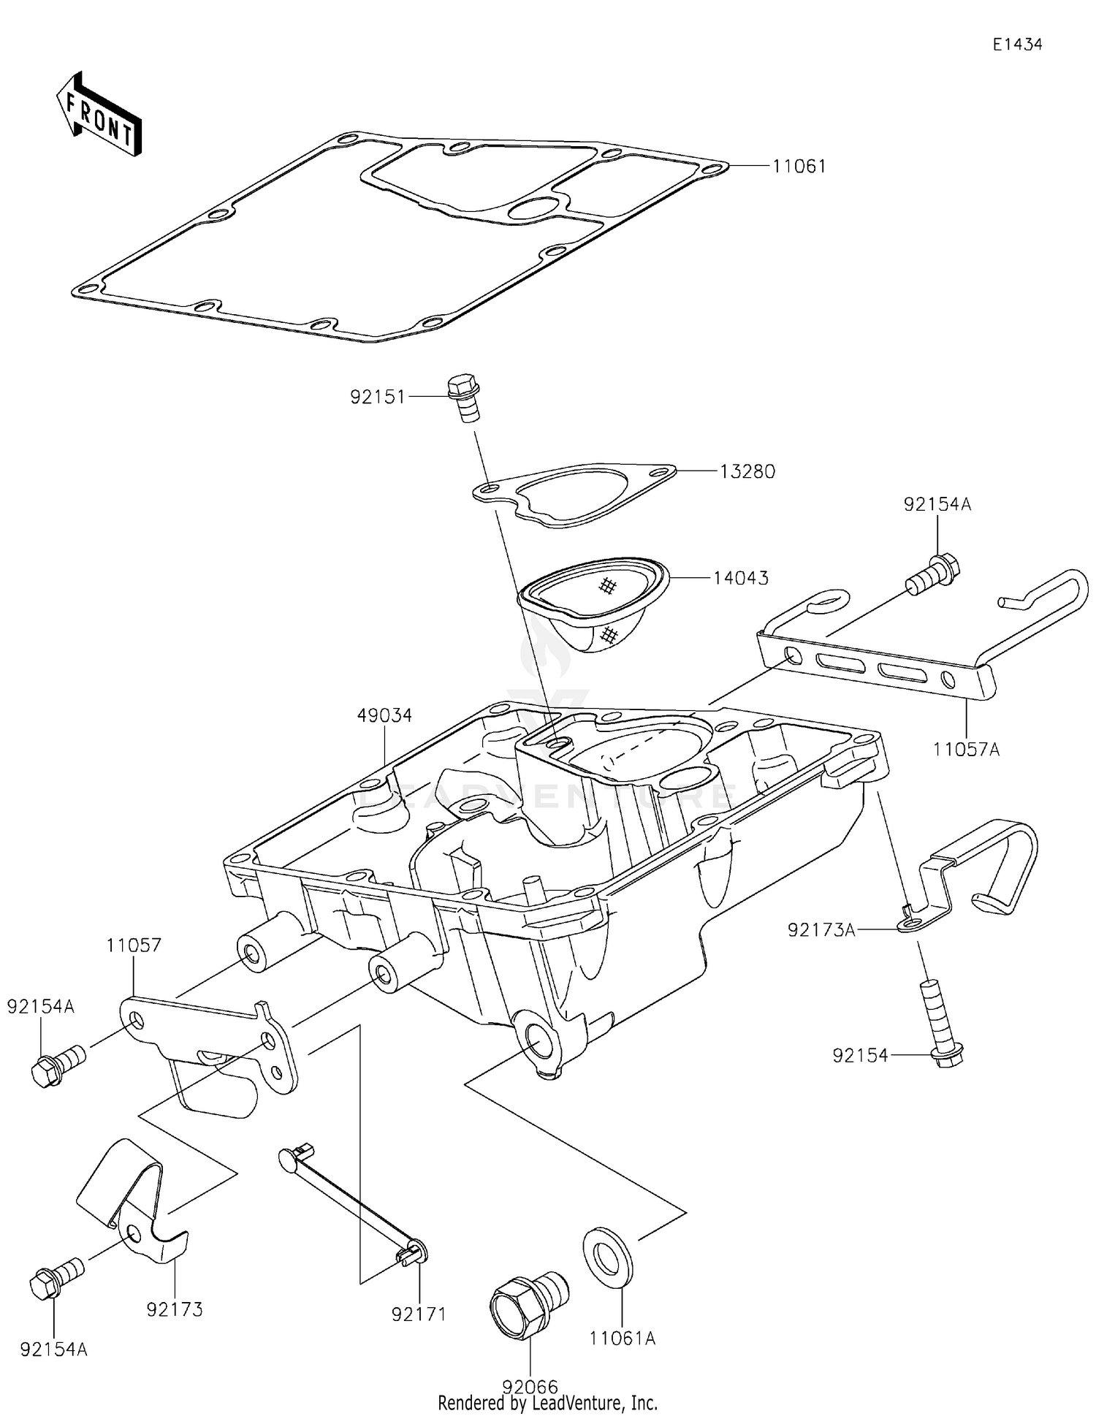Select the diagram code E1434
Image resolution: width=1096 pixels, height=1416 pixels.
pyautogui.click(x=1016, y=45)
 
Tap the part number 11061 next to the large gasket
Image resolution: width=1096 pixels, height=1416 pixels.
pyautogui.click(x=799, y=167)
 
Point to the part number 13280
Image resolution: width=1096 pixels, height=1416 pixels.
pyautogui.click(x=747, y=472)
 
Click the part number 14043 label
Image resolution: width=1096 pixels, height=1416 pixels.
pyautogui.click(x=741, y=578)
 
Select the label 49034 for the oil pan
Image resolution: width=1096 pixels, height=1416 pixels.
pyautogui.click(x=384, y=715)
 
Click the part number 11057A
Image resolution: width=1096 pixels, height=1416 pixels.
pyautogui.click(x=966, y=749)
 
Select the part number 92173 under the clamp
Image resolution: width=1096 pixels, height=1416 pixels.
pyautogui.click(x=175, y=1309)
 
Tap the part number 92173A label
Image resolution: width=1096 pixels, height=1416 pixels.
pyautogui.click(x=821, y=930)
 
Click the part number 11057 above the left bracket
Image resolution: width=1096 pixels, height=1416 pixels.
pyautogui.click(x=134, y=945)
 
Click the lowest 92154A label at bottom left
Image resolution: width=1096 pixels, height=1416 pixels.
pyautogui.click(x=54, y=1350)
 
